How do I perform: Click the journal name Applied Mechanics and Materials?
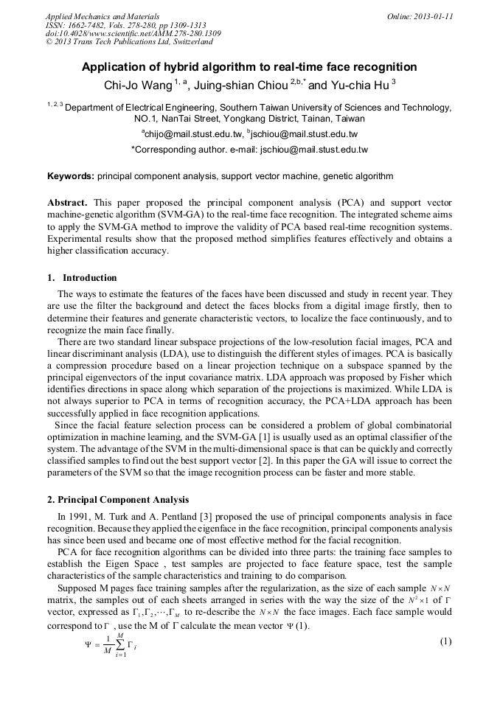pos(103,15)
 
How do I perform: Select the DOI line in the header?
pos(133,33)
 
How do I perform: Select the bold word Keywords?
pos(71,176)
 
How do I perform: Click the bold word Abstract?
pos(68,202)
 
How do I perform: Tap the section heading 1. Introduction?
pos(82,278)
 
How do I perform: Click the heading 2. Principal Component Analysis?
pos(118,499)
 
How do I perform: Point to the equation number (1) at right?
pos(445,641)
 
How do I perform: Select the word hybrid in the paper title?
pos(181,67)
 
